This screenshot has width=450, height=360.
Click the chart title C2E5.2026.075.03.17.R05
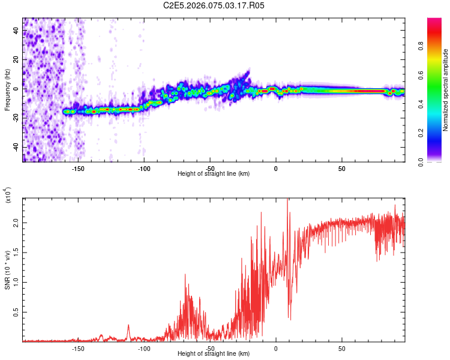coord(214,5)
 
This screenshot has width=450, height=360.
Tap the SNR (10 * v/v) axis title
coord(7,269)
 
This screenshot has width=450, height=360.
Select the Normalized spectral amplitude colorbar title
coord(446,90)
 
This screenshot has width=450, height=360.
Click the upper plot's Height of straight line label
coord(214,173)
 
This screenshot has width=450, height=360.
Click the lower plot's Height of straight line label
coord(214,353)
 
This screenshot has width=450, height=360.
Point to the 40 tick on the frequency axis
coord(15,30)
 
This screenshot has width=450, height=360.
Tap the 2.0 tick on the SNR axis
coord(16,222)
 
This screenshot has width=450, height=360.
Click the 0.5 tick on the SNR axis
coord(16,312)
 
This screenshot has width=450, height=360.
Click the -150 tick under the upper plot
coord(78,169)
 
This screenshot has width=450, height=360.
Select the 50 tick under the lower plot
coord(341,348)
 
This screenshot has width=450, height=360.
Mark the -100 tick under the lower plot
coord(144,348)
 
